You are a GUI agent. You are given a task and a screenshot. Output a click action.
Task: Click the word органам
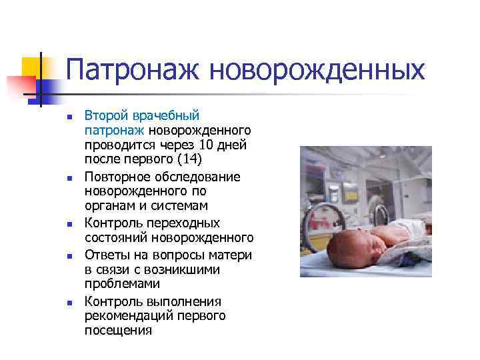109,206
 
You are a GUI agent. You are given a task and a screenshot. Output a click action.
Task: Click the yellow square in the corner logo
31,68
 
